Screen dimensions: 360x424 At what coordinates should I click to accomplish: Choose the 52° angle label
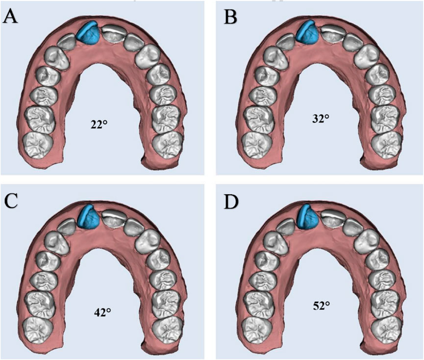pos(320,304)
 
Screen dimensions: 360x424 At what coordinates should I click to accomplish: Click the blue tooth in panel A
pos(88,34)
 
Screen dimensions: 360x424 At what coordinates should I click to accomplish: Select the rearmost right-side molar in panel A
pos(167,144)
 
